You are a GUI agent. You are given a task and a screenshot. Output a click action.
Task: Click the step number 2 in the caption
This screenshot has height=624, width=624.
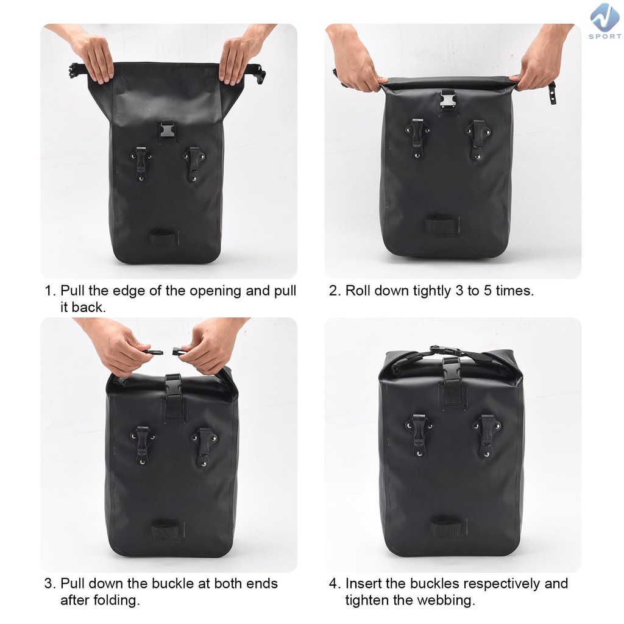[333, 291]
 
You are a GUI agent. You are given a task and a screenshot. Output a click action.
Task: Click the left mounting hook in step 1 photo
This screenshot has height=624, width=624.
[141, 164]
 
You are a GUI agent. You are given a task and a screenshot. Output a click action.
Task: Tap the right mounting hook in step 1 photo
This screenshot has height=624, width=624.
[194, 164]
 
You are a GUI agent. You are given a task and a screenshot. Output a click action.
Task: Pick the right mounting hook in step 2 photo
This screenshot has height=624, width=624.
[478, 140]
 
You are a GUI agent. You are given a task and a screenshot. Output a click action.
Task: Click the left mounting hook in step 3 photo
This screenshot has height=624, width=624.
[143, 445]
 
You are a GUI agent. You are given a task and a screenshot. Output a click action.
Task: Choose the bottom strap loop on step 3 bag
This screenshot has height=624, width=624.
[167, 530]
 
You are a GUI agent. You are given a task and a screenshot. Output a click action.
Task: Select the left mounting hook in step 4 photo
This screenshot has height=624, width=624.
[419, 435]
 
